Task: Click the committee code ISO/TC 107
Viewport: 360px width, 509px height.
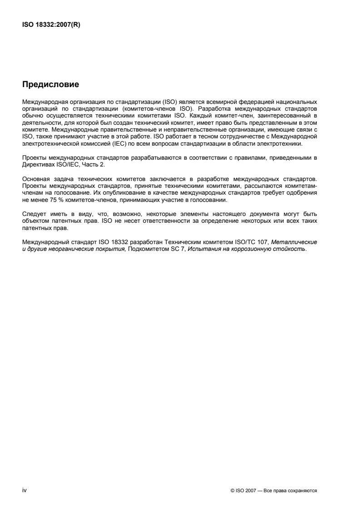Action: pos(242,242)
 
